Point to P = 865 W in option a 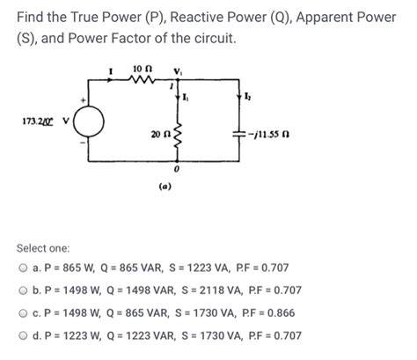point(69,268)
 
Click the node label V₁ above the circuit point(179,70)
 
